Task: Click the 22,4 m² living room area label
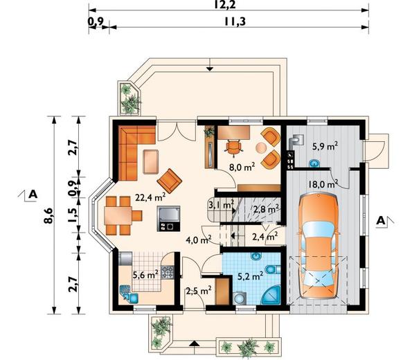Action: tap(150, 197)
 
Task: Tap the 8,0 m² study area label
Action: tap(242, 167)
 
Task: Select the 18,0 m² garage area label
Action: tap(323, 184)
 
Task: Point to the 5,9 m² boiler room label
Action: tap(325, 146)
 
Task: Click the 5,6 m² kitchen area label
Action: tap(145, 275)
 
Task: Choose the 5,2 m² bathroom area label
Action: tap(251, 276)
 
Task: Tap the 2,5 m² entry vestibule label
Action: tap(199, 291)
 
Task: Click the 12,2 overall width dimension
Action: tap(224, 5)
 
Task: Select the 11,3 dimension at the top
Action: tap(235, 21)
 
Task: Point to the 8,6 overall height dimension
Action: tap(49, 215)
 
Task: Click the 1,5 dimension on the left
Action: tap(73, 215)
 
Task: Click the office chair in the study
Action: tap(233, 147)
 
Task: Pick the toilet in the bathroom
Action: tap(274, 269)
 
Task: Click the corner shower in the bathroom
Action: tap(272, 296)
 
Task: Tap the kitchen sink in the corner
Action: tap(129, 294)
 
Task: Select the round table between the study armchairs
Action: tap(261, 148)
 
